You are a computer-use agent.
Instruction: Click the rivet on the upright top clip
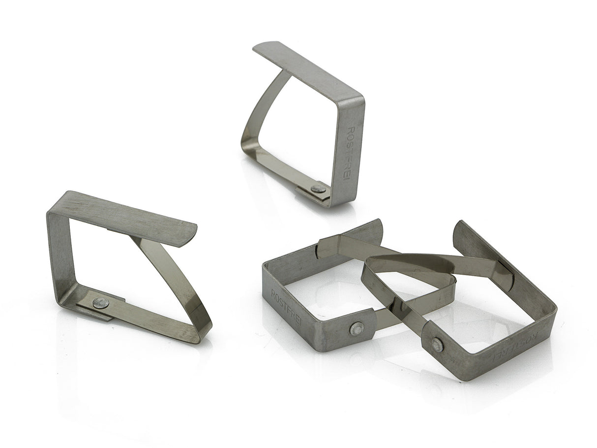[318, 189]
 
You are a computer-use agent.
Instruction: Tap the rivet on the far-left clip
[101, 303]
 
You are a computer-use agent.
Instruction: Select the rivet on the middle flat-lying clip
[357, 329]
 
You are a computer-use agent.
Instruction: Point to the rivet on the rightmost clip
[437, 345]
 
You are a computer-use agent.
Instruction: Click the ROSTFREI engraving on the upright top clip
[350, 153]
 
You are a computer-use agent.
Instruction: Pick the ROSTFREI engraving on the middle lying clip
[287, 307]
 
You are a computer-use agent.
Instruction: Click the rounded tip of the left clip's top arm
[192, 235]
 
